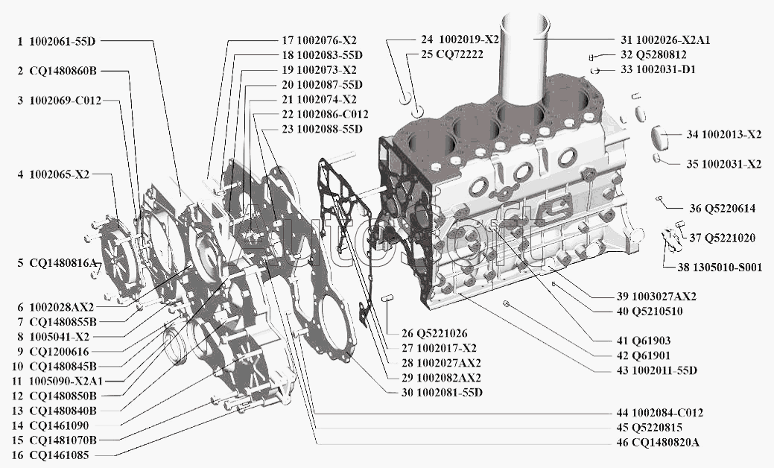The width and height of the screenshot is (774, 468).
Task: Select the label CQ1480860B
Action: coord(63,71)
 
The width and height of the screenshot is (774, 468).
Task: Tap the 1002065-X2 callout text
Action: coord(60,175)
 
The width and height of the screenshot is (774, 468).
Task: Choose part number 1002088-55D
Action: coord(330,129)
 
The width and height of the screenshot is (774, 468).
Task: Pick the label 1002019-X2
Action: coord(469,39)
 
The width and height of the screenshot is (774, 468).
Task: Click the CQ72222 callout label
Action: coord(460,54)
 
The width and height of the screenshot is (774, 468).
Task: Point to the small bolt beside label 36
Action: coord(659,198)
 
